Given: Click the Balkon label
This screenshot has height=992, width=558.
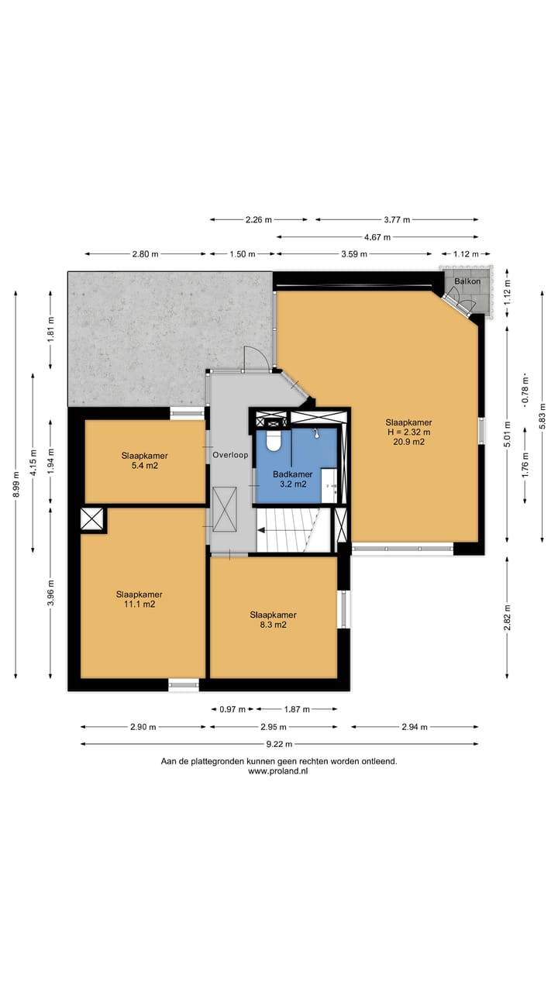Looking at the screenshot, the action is (467, 281).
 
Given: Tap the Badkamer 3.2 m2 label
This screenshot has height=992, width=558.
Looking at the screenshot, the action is (293, 479).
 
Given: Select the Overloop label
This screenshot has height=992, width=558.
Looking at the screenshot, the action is (230, 455).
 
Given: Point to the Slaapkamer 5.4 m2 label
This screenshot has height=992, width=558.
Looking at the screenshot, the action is (145, 460).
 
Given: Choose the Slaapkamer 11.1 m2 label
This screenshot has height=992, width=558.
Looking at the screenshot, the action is (139, 599).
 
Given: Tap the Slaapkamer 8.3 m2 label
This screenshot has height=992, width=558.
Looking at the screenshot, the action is (274, 619).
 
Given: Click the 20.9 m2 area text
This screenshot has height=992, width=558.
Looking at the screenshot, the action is (408, 442).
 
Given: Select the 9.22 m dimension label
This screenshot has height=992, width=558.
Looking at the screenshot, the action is (280, 744).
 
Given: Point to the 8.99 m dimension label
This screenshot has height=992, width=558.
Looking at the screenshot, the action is (16, 484).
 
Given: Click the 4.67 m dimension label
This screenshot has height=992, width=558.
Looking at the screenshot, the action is (377, 237).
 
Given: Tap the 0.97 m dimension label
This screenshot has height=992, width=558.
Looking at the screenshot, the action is (232, 709).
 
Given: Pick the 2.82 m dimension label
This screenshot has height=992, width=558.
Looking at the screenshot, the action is (508, 617).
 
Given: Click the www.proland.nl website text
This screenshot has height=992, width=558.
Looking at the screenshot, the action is (278, 771).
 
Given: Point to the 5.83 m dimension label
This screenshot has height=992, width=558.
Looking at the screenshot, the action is (542, 416).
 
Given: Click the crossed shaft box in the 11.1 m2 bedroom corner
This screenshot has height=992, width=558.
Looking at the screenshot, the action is (92, 518).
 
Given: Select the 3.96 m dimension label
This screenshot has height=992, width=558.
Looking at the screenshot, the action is (50, 593).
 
